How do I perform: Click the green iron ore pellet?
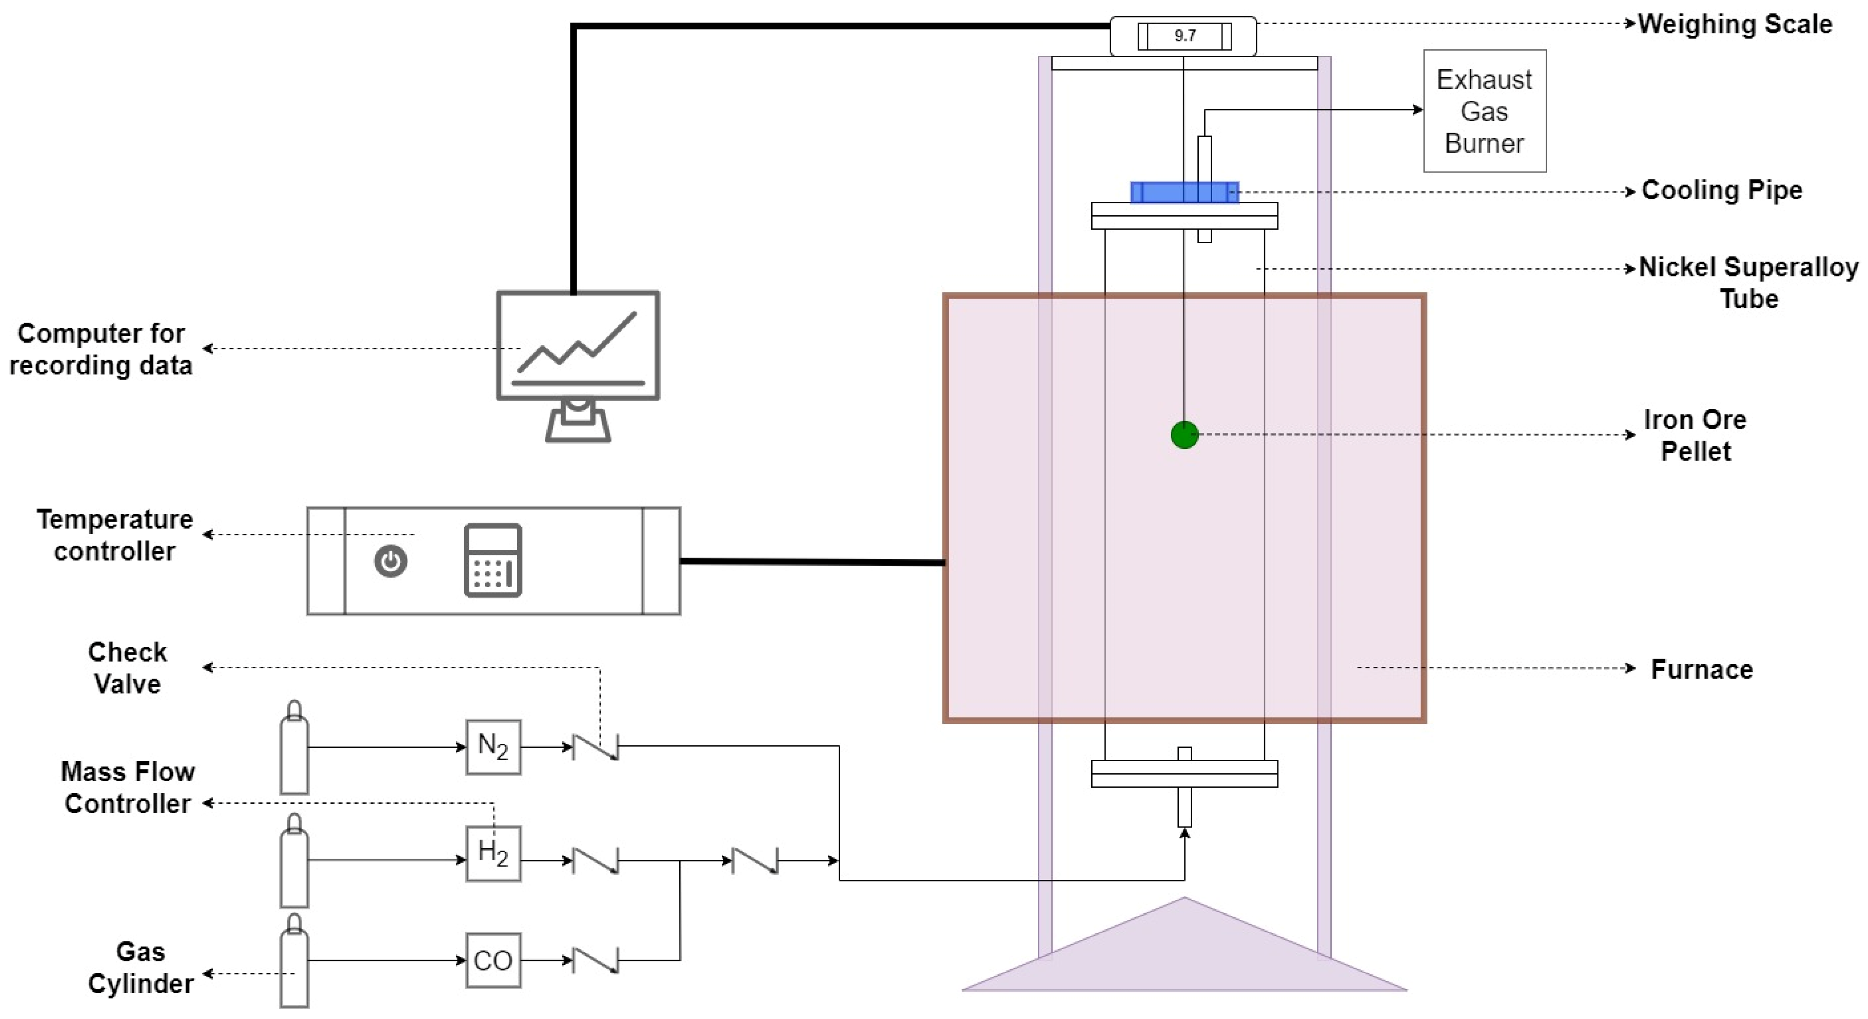click(x=1184, y=435)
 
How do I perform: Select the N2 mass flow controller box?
click(x=493, y=747)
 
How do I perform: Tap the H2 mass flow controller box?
click(x=493, y=853)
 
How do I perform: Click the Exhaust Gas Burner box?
click(x=1484, y=111)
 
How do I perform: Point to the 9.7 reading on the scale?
click(x=1185, y=36)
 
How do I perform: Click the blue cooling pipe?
click(x=1184, y=192)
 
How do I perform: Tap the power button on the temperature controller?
click(x=391, y=561)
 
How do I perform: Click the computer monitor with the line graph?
click(x=578, y=347)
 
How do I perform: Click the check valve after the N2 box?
click(x=595, y=747)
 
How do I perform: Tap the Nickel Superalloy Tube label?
click(x=1748, y=283)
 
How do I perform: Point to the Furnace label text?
click(x=1701, y=669)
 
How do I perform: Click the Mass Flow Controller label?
click(x=128, y=788)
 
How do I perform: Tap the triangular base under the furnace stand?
click(x=1184, y=957)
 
